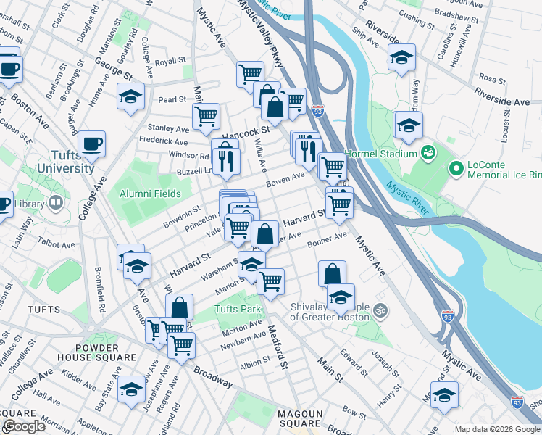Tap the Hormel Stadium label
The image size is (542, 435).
[x=382, y=154]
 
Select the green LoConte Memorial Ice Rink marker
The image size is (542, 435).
[x=456, y=169]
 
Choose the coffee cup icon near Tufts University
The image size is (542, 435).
[x=92, y=144]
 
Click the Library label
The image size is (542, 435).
[x=28, y=204]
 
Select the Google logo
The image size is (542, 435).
[x=23, y=426]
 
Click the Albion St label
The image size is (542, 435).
[x=255, y=363]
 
